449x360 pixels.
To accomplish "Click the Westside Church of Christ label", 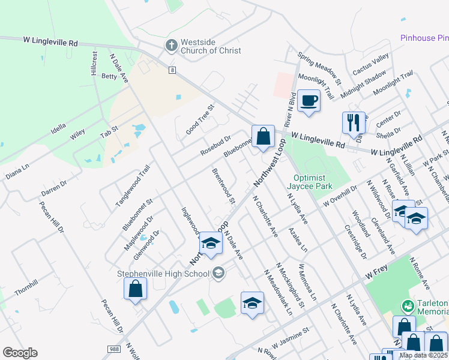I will (211, 46).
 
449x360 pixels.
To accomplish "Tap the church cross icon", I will (171, 46).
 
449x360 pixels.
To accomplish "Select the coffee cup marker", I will (309, 101).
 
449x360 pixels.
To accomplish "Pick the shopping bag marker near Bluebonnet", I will (263, 136).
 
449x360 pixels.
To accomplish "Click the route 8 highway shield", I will (172, 70).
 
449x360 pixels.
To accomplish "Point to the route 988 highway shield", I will (113, 349).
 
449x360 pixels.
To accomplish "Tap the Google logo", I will (20, 353).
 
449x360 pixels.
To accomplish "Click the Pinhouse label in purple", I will (424, 38).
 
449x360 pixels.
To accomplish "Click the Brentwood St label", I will (223, 186).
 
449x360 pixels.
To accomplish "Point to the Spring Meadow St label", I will (319, 68).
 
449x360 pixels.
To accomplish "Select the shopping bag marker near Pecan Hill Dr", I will (136, 289).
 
